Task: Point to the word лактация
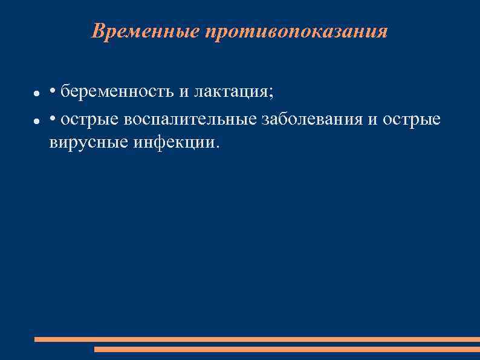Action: click(x=232, y=92)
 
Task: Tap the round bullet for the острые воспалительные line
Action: click(x=36, y=122)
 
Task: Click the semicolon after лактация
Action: click(x=271, y=94)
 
